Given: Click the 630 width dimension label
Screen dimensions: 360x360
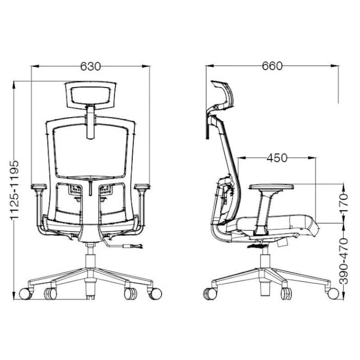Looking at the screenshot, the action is point(90,66).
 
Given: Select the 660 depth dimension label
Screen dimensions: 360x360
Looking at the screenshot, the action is point(272,66).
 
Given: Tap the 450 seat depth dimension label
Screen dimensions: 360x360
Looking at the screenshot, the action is point(277,158).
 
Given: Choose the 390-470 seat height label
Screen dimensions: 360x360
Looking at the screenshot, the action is point(343,261).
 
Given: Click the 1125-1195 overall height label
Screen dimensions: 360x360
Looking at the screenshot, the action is point(14,190).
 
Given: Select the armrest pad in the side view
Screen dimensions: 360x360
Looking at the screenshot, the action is point(271,187).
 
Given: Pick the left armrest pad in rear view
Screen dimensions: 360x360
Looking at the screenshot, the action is point(39,186).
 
